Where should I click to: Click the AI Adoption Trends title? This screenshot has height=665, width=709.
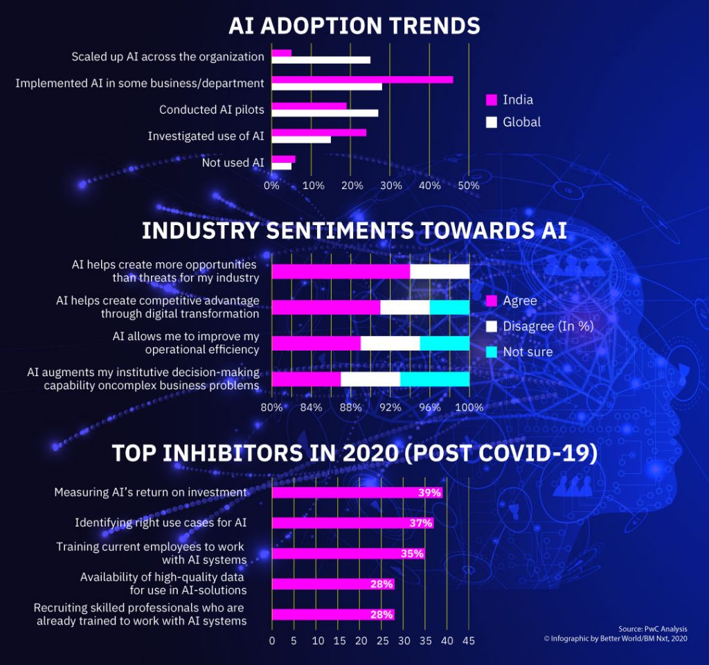click(x=354, y=26)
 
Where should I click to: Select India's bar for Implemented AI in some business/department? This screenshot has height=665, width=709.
click(x=362, y=79)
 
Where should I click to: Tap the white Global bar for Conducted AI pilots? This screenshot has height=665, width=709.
click(x=325, y=113)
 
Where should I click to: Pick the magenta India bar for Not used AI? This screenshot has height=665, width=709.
click(x=283, y=159)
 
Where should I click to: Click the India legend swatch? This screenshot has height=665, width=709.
click(x=492, y=100)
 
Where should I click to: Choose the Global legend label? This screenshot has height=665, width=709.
click(x=521, y=122)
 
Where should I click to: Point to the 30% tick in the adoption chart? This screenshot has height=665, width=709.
click(x=391, y=186)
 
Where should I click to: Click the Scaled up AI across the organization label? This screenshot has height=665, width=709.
click(x=168, y=57)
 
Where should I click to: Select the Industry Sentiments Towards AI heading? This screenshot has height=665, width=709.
click(x=354, y=231)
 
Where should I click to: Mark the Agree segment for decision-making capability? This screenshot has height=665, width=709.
click(x=306, y=379)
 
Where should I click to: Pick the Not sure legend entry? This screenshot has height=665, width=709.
click(x=528, y=352)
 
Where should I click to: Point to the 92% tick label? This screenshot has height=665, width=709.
click(x=391, y=407)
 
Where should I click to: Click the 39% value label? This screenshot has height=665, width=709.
click(x=429, y=493)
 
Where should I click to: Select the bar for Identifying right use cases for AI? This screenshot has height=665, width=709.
click(x=352, y=523)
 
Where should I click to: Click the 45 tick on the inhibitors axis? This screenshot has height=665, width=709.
click(x=468, y=641)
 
